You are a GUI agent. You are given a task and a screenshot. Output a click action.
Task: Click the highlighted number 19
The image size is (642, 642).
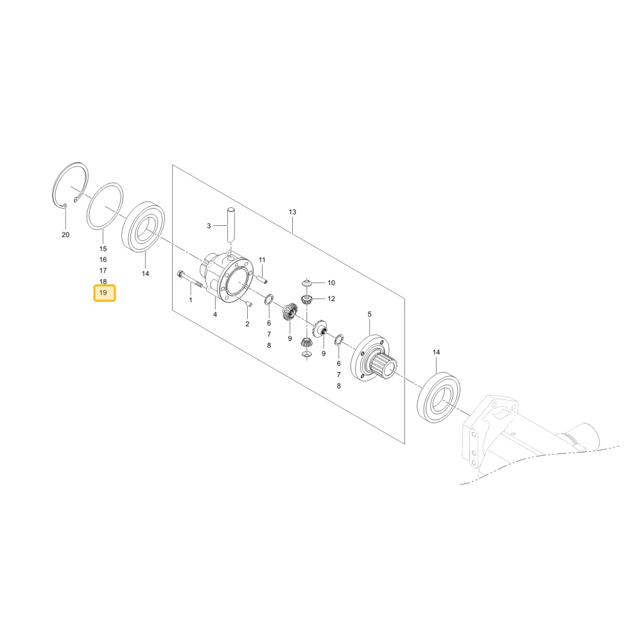[x=103, y=293]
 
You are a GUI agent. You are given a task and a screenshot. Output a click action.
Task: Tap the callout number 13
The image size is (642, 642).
[x=292, y=212]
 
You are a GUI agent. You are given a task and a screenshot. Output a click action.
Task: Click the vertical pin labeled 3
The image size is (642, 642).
[x=231, y=224]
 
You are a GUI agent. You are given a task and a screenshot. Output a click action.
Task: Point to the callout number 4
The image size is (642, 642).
[x=215, y=315]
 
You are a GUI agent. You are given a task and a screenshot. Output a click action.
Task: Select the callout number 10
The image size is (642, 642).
[x=331, y=283]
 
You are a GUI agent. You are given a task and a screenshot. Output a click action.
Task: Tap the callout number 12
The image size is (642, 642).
[x=331, y=299]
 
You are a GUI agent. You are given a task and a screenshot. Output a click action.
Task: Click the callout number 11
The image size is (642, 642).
[x=262, y=260]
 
